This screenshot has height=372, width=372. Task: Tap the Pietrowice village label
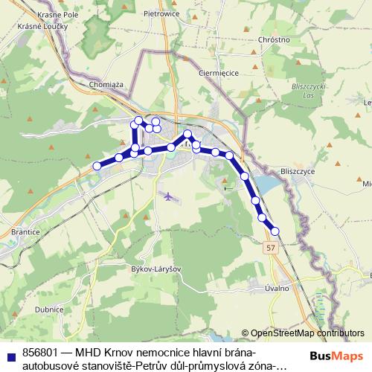click(x=162, y=13)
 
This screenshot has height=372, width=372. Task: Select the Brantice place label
click(x=25, y=232)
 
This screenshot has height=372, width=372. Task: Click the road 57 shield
click(x=270, y=248)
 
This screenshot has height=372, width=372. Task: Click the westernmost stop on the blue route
click(x=96, y=166)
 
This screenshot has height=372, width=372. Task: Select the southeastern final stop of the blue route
click(x=275, y=231)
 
